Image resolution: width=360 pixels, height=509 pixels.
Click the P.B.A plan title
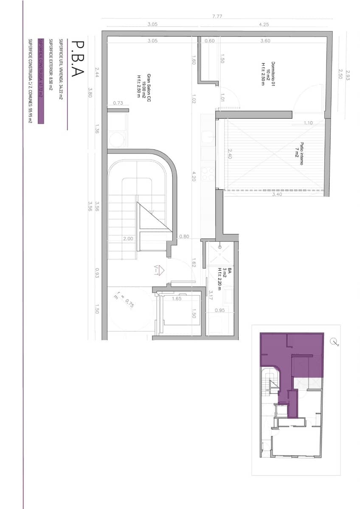[x=77, y=59]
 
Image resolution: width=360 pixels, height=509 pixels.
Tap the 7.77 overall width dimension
[x=217, y=16]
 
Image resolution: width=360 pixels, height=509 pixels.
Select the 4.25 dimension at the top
[x=264, y=25]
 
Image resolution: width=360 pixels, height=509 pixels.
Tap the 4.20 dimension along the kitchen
[x=193, y=176]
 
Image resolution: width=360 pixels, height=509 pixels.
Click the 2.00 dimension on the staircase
[x=128, y=239]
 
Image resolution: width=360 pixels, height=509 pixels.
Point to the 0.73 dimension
[x=118, y=103]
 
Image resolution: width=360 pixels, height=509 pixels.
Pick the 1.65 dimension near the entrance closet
[x=177, y=299]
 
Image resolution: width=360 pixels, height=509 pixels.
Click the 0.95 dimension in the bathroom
[x=219, y=310]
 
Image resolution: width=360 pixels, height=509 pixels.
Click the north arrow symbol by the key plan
[x=333, y=341]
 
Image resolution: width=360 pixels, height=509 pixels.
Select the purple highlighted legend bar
[x=41, y=81]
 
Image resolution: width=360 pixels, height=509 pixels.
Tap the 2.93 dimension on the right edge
[x=347, y=75]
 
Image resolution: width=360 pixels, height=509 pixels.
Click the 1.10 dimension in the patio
[x=308, y=123]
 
